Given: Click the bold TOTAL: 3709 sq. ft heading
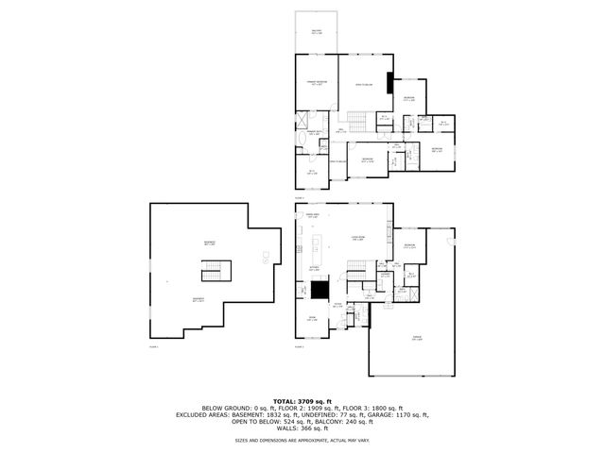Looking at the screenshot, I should [302, 401].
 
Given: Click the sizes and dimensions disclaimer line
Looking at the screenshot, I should [302, 440].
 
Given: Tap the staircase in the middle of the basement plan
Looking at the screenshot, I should [214, 272].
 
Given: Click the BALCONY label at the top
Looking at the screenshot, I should [317, 31].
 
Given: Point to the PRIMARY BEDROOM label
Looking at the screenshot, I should [316, 84].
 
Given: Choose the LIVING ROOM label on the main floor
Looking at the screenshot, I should [358, 238].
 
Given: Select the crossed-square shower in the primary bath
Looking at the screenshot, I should [302, 119].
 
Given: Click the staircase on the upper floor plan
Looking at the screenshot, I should [357, 120].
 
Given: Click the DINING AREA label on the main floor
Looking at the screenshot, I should [312, 216].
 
